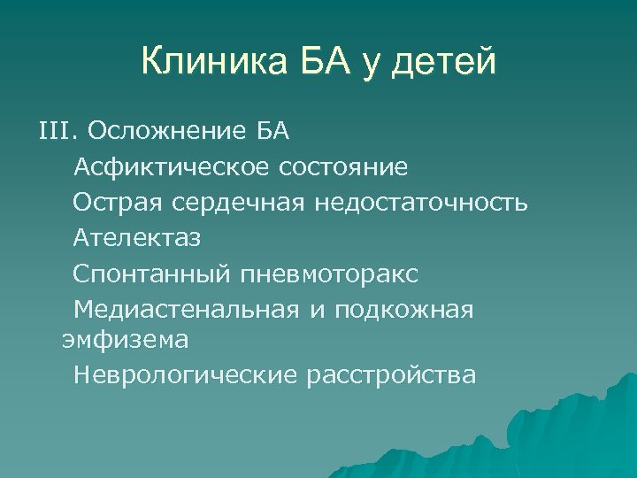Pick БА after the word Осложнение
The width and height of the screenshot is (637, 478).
[272, 132]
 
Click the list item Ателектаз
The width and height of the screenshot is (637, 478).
[137, 238]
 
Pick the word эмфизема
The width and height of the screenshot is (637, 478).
[124, 339]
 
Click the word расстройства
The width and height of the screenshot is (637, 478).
[390, 375]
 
